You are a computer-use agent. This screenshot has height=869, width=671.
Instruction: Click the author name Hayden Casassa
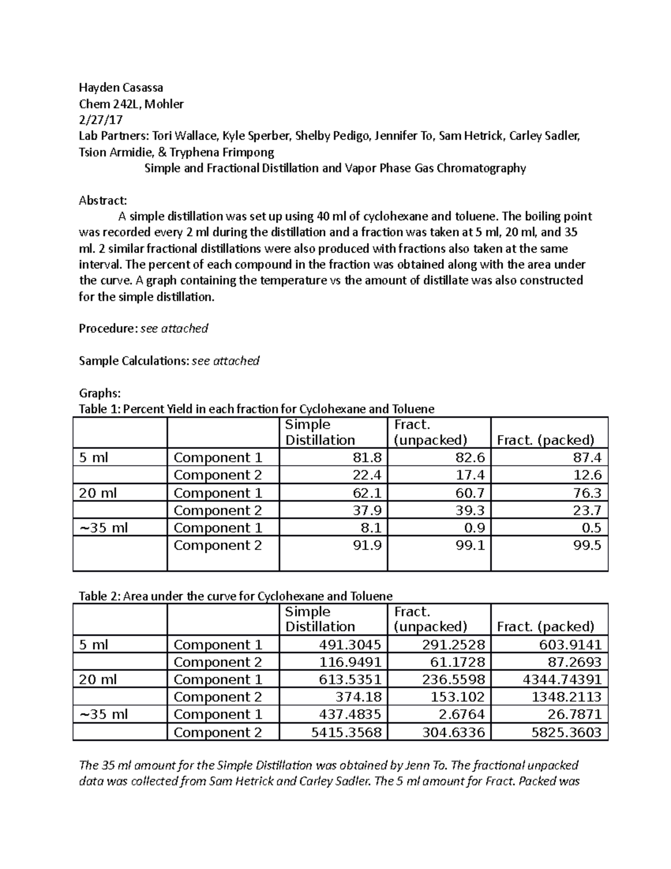pyautogui.click(x=121, y=88)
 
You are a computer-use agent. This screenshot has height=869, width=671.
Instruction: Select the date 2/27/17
pyautogui.click(x=100, y=120)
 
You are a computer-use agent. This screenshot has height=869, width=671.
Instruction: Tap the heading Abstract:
pyautogui.click(x=103, y=200)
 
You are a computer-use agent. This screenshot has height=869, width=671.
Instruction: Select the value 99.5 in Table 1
pyautogui.click(x=587, y=545)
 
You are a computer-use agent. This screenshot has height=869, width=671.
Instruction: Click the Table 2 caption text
pyautogui.click(x=235, y=596)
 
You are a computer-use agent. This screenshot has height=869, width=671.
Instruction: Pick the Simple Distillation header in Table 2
pyautogui.click(x=320, y=619)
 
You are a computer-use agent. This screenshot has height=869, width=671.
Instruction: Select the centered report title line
pyautogui.click(x=335, y=168)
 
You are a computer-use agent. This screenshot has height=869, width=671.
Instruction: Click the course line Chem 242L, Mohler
pyautogui.click(x=131, y=104)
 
